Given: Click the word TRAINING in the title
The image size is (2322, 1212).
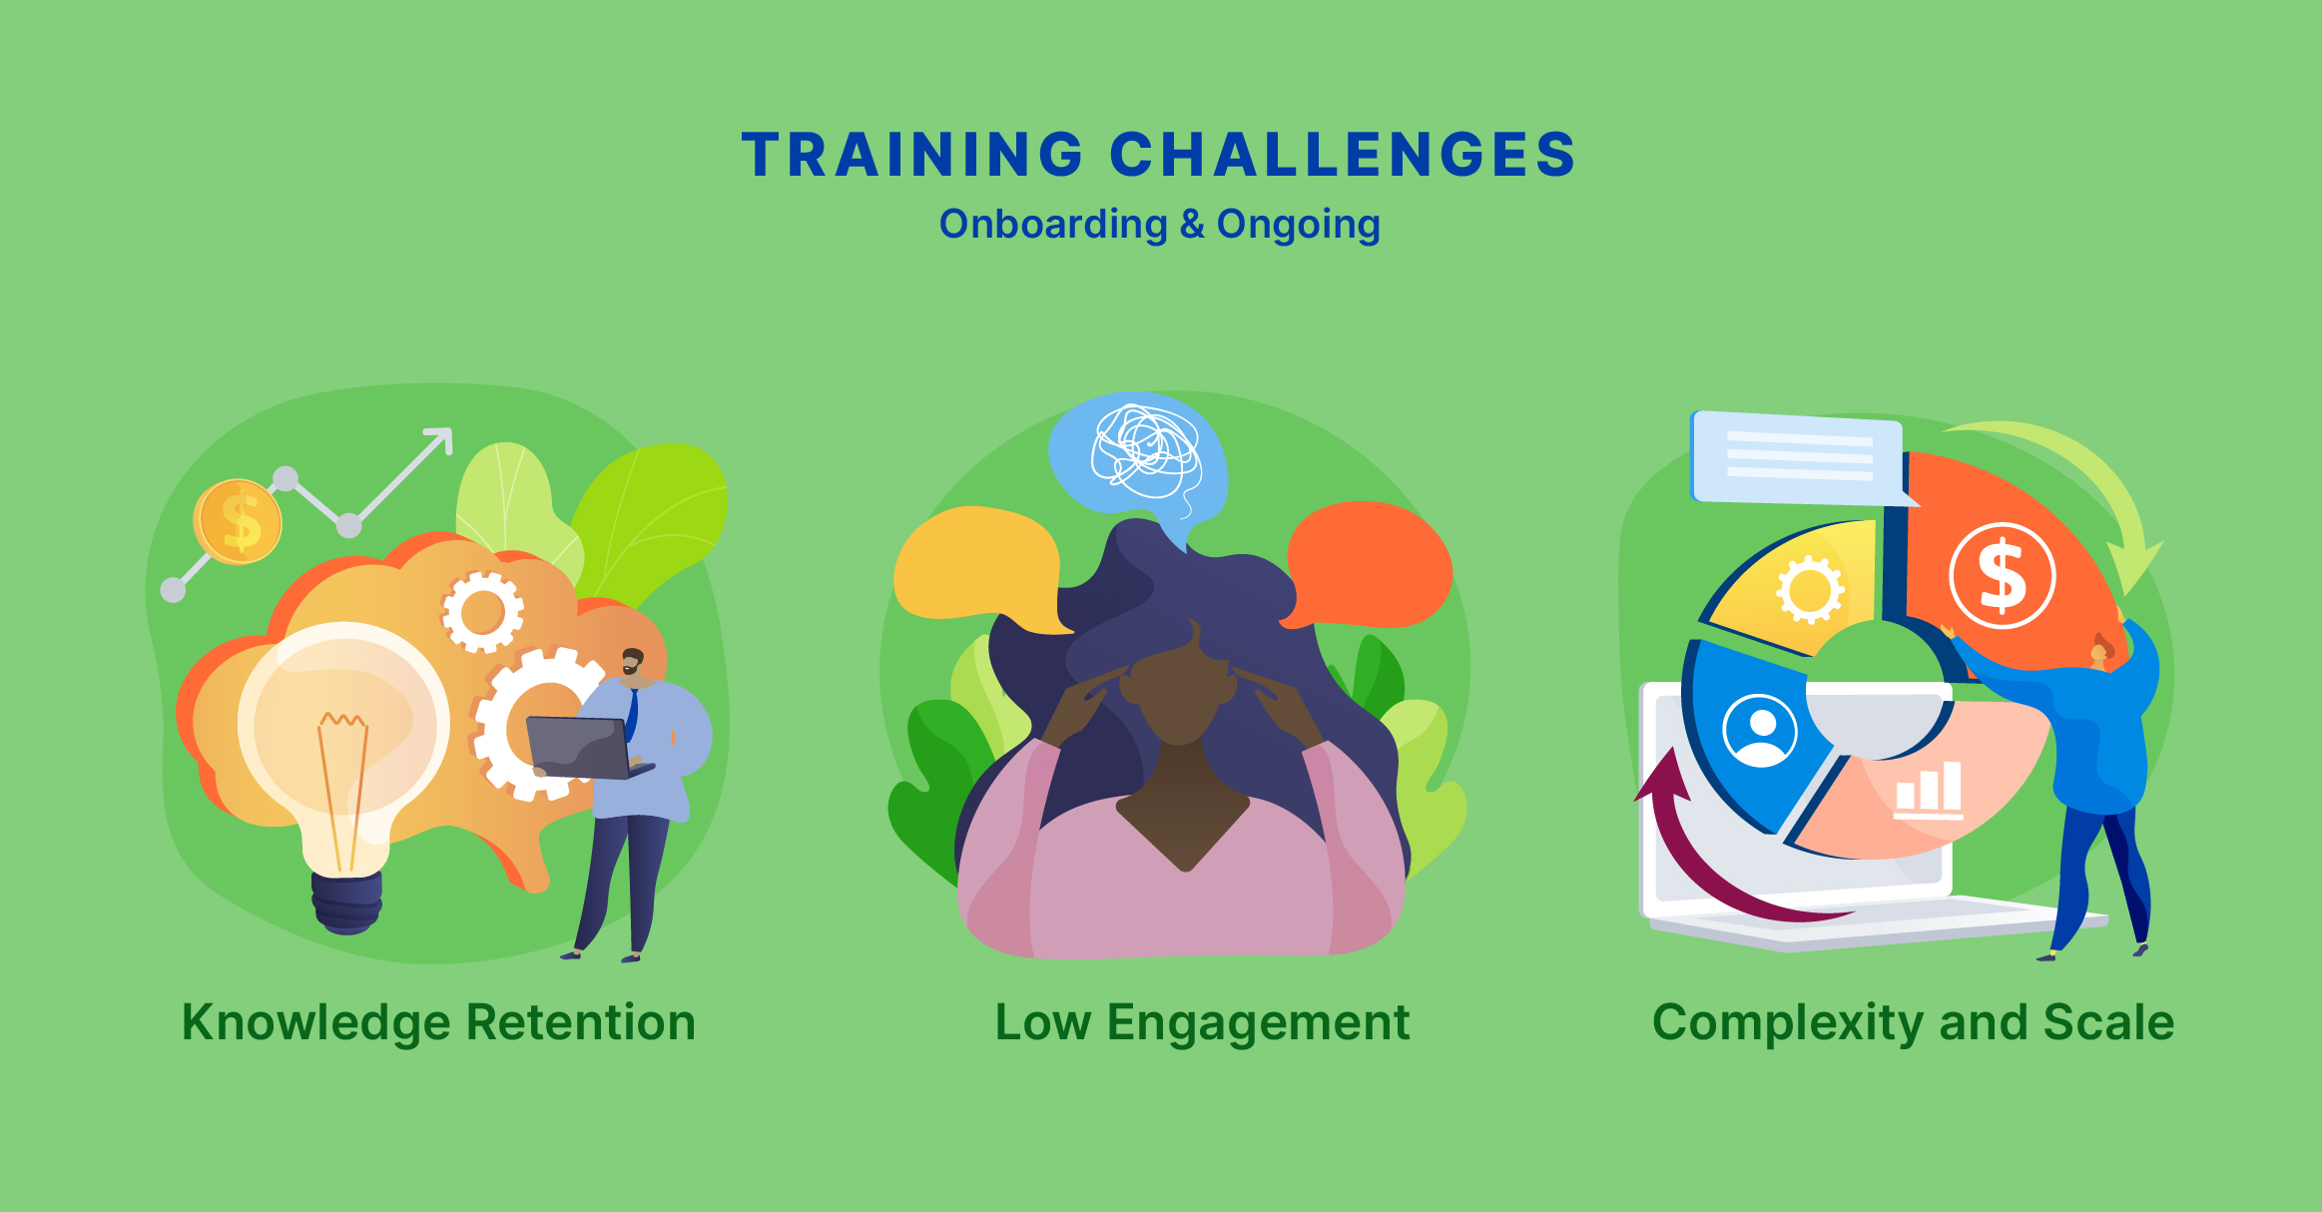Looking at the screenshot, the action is coord(912,155).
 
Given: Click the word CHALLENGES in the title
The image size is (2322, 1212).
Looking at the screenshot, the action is coord(1343,155).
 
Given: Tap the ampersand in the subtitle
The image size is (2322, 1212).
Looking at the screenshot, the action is coord(1192,224).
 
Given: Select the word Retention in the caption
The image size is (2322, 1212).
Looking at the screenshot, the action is coord(581,1022).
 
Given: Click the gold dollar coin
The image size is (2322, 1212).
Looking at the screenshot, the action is coord(238,521).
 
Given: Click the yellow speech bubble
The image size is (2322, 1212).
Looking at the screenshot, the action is coord(976,567).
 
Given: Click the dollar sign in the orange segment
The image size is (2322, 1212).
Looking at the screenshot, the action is coord(2003,576).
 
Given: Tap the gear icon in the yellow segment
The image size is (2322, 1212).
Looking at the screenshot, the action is coord(1810,590).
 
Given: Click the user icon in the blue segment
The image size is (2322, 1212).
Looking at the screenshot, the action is coord(1760,731).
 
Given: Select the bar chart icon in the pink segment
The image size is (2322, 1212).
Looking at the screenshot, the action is coord(1929,790).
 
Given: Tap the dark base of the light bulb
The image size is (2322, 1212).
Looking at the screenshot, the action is coord(346,903).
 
